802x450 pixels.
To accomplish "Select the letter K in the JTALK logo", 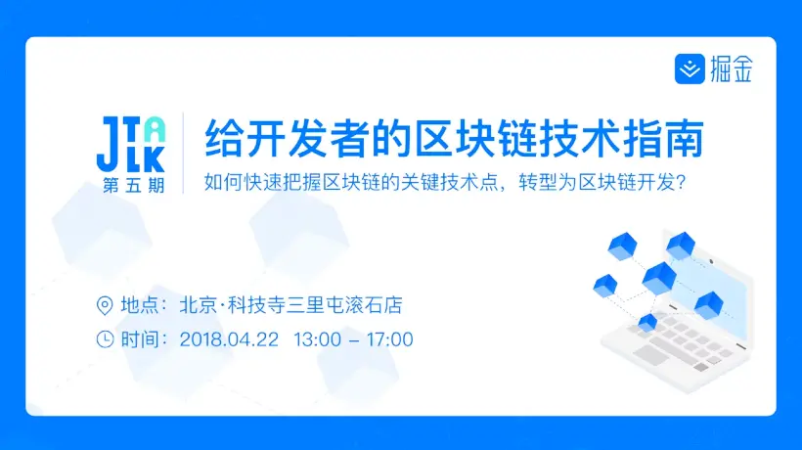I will (x=155, y=158).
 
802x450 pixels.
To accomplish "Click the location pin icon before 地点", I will (x=105, y=305).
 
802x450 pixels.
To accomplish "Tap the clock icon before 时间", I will (x=105, y=339).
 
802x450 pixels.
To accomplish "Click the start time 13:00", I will (x=317, y=339).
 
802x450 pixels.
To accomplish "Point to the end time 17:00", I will (x=388, y=339).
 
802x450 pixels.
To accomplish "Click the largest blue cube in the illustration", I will (x=658, y=277).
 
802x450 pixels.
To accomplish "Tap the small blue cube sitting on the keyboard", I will (x=647, y=322).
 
